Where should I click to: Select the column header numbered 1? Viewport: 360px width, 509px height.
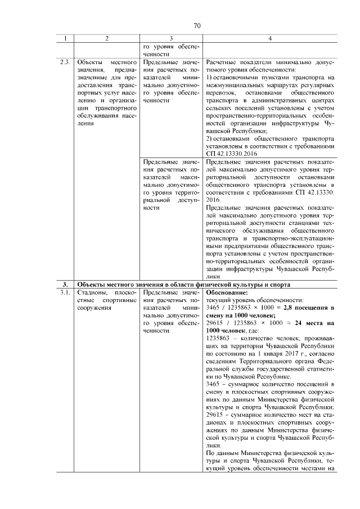coord(66,39)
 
